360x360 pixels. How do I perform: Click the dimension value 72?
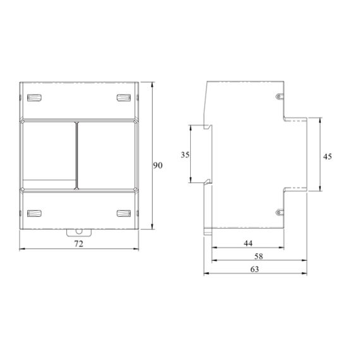[x=79, y=244]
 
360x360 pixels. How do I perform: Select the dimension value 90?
[x=158, y=165]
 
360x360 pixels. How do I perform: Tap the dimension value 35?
[x=185, y=155]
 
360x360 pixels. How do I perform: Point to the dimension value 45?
[x=327, y=157]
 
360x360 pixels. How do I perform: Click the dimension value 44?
[x=248, y=243]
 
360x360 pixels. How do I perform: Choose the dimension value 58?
[x=258, y=256]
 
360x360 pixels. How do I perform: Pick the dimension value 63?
[x=255, y=269]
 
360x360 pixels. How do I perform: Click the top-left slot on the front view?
[x=34, y=97]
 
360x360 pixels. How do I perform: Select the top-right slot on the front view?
[x=124, y=97]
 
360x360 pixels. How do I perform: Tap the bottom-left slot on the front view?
[x=34, y=213]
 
